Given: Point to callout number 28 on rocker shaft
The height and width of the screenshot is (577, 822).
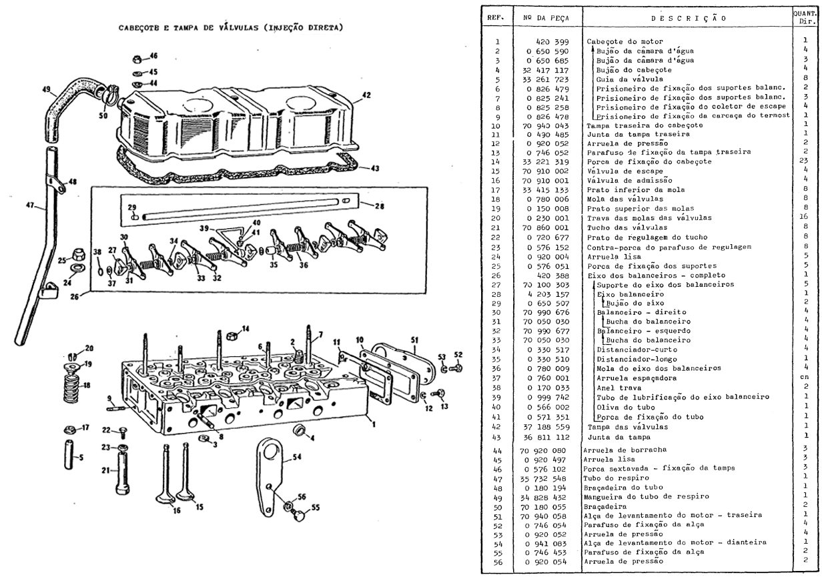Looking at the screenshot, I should (379, 207).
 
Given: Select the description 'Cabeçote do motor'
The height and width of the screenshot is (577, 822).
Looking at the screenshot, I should (619, 41).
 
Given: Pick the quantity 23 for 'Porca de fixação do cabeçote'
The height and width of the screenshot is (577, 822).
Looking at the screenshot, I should (808, 161).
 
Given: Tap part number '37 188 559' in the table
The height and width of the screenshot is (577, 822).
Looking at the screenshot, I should (546, 426).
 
